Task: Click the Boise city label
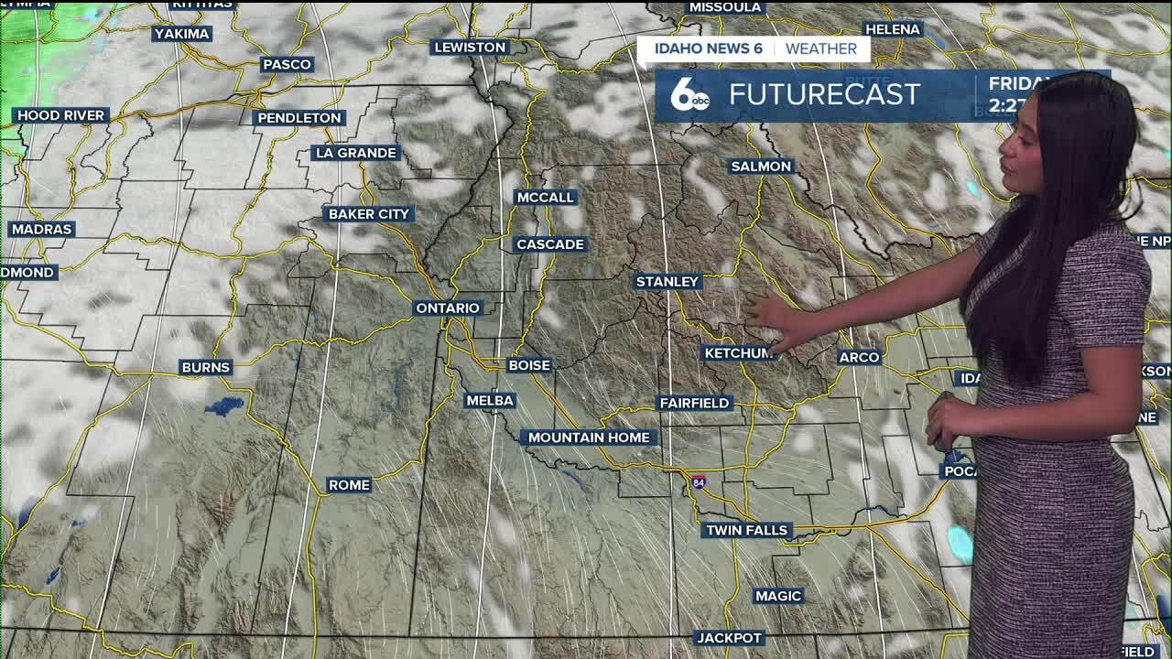[529, 365]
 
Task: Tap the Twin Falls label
[747, 530]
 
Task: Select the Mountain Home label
[589, 438]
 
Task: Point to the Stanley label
[667, 282]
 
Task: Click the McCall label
[546, 198]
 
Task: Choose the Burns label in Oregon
[206, 367]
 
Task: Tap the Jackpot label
[729, 638]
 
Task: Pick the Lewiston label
[470, 48]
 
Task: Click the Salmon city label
[760, 167]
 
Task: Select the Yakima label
[182, 34]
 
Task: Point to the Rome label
[349, 485]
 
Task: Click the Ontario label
[448, 308]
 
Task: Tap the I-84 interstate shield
[699, 481]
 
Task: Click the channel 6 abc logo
[689, 95]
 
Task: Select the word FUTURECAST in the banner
[824, 94]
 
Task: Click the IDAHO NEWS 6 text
[706, 49]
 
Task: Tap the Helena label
[892, 29]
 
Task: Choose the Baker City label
[369, 214]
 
